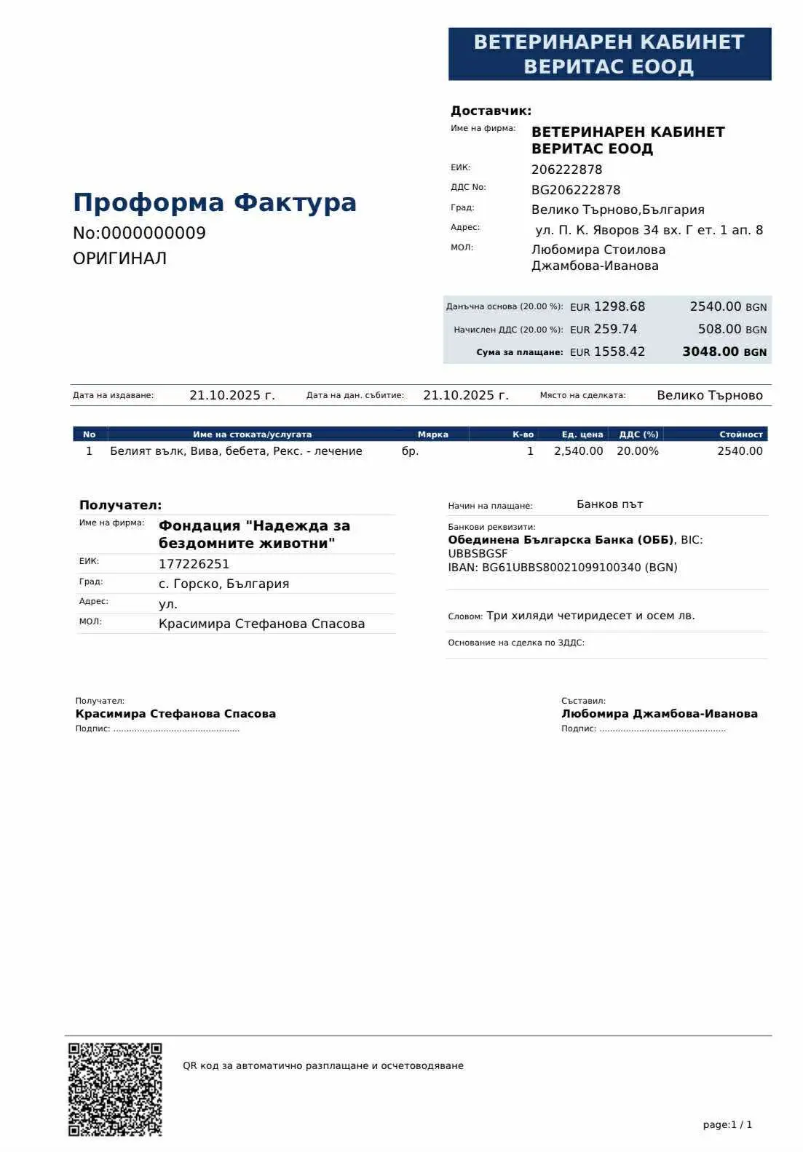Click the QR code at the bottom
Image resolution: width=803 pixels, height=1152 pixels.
pyautogui.click(x=115, y=1089)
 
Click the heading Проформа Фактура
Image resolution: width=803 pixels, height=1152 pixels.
pyautogui.click(x=215, y=202)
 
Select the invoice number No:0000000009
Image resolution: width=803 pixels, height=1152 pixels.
pyautogui.click(x=139, y=234)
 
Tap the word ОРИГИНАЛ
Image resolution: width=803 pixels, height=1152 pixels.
pyautogui.click(x=119, y=258)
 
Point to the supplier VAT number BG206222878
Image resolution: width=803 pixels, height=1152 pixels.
pyautogui.click(x=576, y=190)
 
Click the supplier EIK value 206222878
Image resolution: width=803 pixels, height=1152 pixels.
pyautogui.click(x=566, y=170)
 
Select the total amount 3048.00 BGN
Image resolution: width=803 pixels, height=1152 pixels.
pyautogui.click(x=724, y=352)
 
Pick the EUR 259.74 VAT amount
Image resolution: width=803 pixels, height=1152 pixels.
pyautogui.click(x=604, y=330)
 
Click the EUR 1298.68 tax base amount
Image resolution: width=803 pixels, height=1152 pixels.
pyautogui.click(x=607, y=307)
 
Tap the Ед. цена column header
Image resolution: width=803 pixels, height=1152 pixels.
pyautogui.click(x=582, y=434)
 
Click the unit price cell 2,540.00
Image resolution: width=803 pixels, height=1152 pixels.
pyautogui.click(x=578, y=451)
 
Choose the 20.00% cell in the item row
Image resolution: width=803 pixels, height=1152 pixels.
pyautogui.click(x=637, y=451)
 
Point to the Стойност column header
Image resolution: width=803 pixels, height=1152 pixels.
pyautogui.click(x=740, y=434)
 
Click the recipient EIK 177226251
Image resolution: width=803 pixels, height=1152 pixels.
pyautogui.click(x=194, y=564)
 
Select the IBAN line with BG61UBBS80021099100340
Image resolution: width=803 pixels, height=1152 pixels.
pyautogui.click(x=562, y=568)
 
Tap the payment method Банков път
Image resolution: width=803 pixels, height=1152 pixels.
pyautogui.click(x=609, y=504)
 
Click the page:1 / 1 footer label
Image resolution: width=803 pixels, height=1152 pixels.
pyautogui.click(x=727, y=1125)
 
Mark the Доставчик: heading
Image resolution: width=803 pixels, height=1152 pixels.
pyautogui.click(x=491, y=111)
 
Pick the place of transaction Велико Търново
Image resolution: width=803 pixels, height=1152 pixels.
pyautogui.click(x=709, y=396)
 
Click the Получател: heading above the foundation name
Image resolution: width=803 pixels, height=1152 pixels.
pyautogui.click(x=120, y=505)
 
